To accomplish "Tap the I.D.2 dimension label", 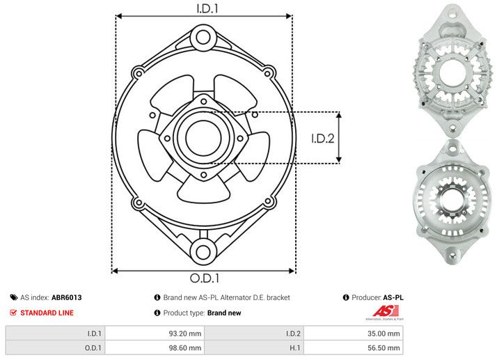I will coord(323,138).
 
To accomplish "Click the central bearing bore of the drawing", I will coord(203,136).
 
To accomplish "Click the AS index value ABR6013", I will coord(67,297).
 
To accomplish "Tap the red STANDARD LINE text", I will coord(47,313).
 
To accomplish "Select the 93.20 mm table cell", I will coord(186,334).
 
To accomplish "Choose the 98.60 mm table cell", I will coord(186,348).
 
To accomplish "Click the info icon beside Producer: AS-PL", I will coord(346,297).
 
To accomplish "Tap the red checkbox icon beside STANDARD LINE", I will coord(13,313).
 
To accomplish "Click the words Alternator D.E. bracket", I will coord(255,297).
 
